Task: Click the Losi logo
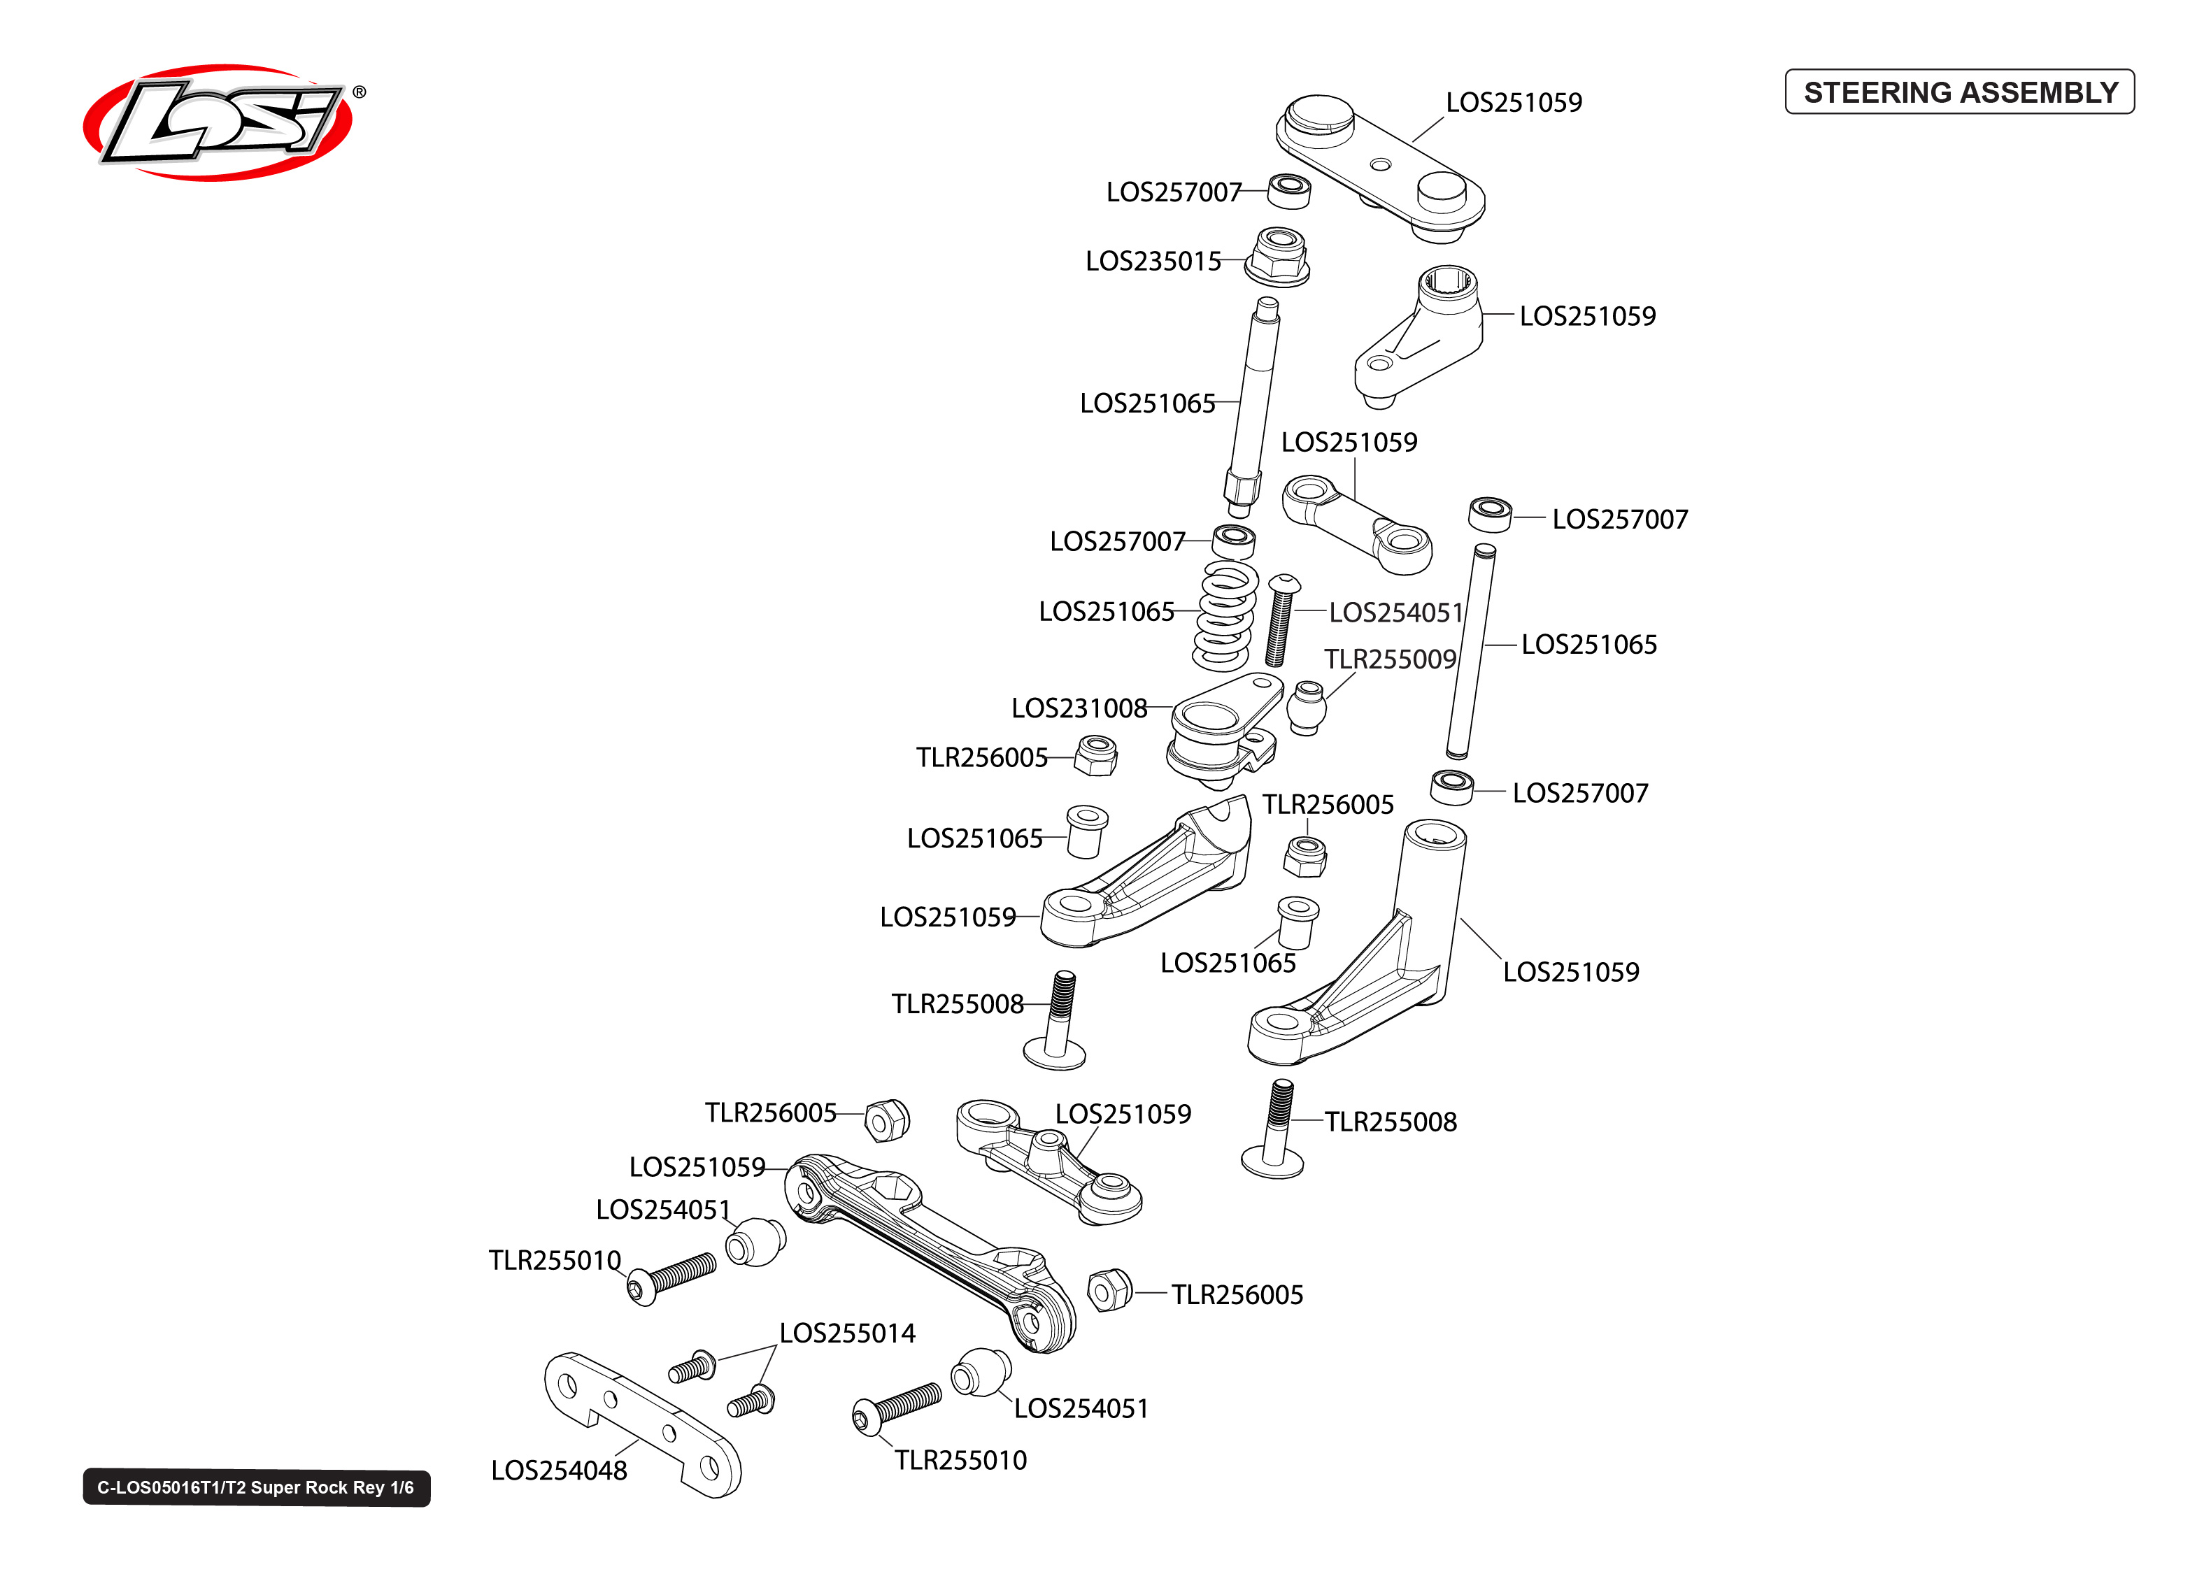[x=218, y=122]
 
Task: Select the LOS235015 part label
[x=1153, y=262]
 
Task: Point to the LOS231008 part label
[x=1079, y=708]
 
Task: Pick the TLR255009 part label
[x=1390, y=659]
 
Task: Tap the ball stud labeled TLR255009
[x=1307, y=708]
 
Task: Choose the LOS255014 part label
[x=846, y=1333]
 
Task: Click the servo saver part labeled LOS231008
[x=1219, y=731]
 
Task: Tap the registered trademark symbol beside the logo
[x=360, y=92]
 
